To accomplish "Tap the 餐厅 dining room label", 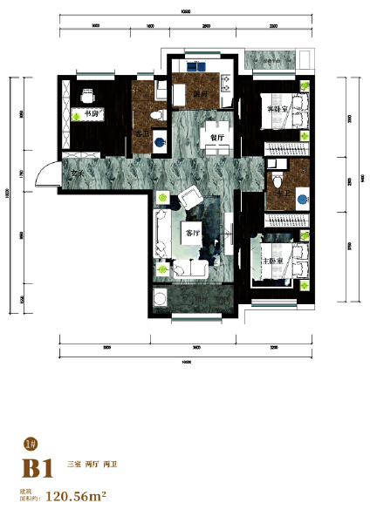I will [215, 136].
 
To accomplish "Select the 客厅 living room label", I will [193, 233].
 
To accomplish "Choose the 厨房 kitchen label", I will [202, 94].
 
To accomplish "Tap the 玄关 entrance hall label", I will [78, 173].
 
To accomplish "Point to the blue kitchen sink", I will [200, 65].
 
